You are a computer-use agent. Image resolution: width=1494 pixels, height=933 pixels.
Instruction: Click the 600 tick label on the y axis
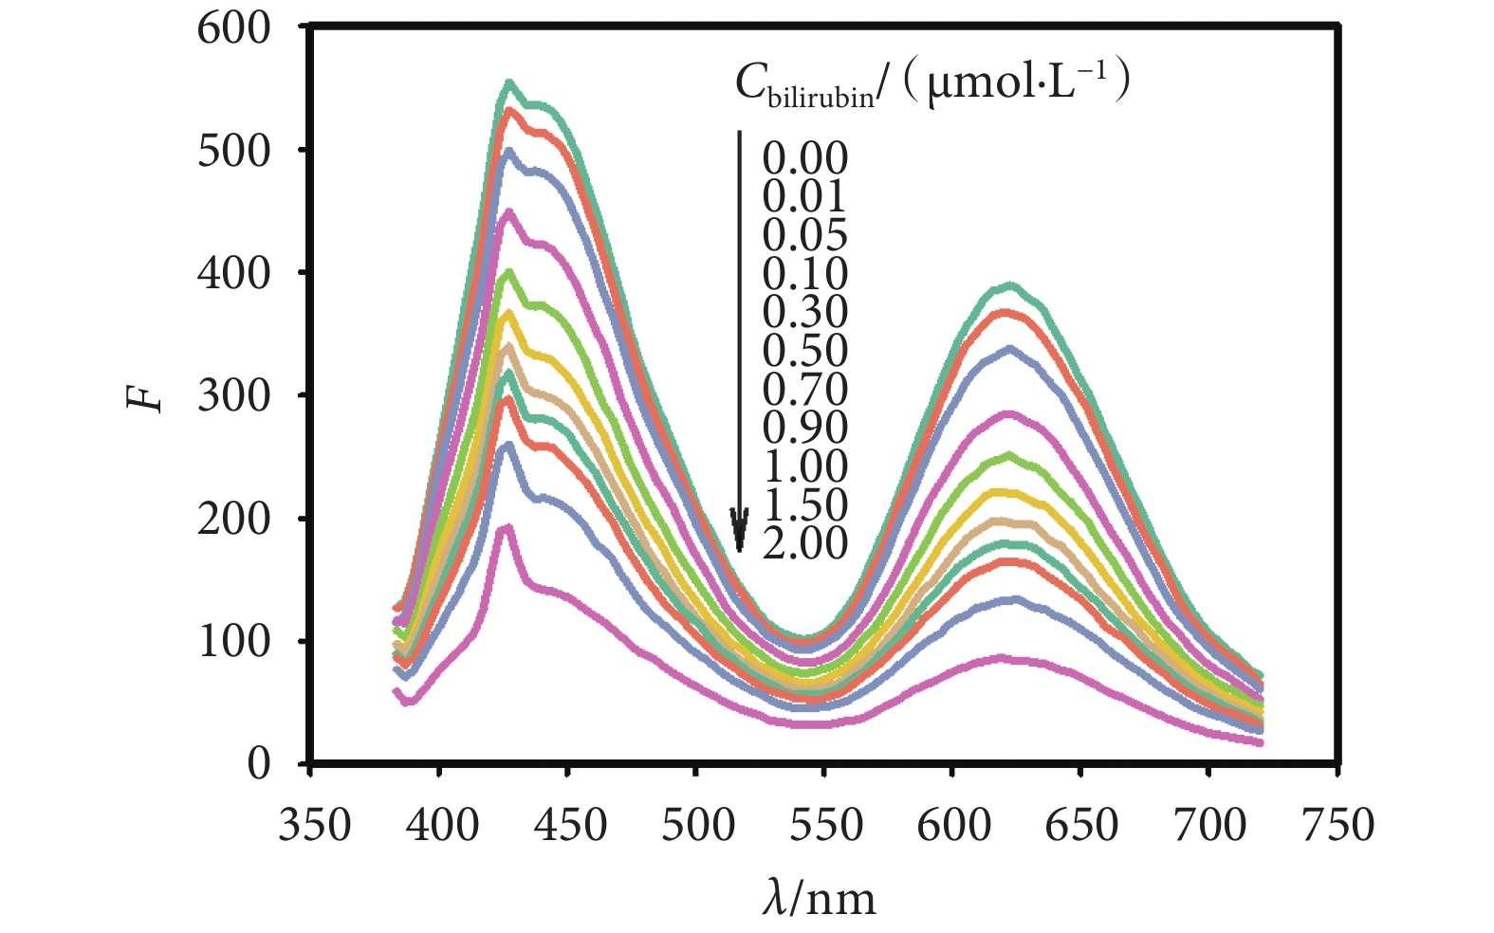click(x=233, y=28)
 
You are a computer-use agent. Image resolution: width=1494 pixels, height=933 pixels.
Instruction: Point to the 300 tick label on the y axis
click(x=233, y=396)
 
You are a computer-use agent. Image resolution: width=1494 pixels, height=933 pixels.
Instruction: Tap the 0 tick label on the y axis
click(x=258, y=764)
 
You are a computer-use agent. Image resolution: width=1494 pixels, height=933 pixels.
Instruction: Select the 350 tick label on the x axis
click(x=314, y=825)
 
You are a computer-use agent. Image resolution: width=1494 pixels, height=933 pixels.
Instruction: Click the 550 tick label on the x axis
click(x=826, y=825)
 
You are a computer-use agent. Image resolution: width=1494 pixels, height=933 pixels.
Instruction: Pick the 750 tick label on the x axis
click(x=1338, y=825)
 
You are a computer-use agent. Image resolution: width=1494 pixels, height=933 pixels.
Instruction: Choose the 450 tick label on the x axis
click(x=570, y=825)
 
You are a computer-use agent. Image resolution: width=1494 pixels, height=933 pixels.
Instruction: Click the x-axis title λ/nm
click(x=819, y=897)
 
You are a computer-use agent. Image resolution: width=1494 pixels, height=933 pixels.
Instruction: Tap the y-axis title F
click(x=145, y=396)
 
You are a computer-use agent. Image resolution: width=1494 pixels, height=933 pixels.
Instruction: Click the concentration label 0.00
click(x=804, y=158)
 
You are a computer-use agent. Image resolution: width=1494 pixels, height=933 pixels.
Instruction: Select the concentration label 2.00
click(x=804, y=543)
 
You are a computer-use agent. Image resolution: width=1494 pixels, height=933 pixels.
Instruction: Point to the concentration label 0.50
click(x=804, y=351)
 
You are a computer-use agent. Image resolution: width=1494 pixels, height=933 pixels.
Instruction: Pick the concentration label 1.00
click(x=804, y=466)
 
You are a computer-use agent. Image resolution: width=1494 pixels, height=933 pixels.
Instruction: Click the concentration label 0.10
click(x=804, y=274)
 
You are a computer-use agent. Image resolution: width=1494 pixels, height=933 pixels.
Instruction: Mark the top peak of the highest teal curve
click(x=509, y=83)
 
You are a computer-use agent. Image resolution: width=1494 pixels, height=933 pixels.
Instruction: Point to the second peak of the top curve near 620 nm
click(x=1011, y=284)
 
